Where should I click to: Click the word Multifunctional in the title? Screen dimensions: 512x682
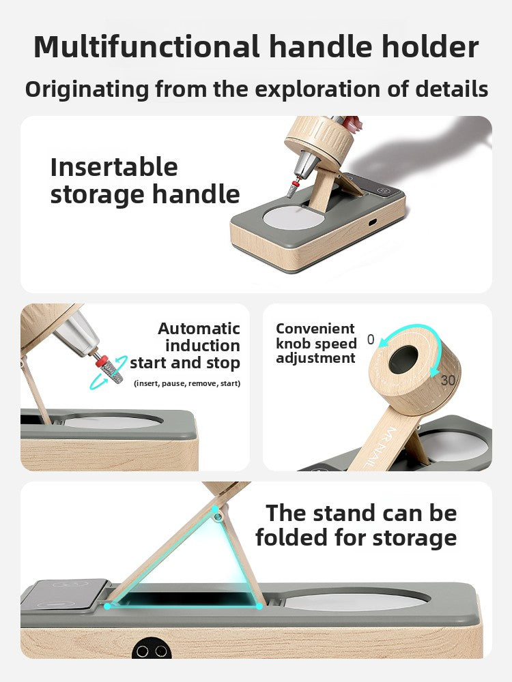tap(147, 46)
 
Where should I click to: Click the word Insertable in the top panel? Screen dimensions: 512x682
tap(114, 167)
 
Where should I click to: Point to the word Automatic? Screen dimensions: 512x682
tap(199, 329)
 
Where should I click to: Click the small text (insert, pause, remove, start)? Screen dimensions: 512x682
tap(187, 383)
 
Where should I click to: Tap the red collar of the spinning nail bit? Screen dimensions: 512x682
tap(102, 361)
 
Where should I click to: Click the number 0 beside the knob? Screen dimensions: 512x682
tap(371, 339)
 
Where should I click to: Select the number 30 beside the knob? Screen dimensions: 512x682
tap(448, 381)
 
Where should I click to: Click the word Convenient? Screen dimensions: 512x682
tap(315, 329)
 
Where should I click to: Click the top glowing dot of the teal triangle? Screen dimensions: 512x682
tap(215, 508)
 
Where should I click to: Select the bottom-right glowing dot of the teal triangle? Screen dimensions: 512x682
tap(259, 606)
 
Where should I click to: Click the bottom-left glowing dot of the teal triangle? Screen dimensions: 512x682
tap(107, 606)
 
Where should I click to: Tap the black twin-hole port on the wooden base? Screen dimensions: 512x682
tap(152, 650)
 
